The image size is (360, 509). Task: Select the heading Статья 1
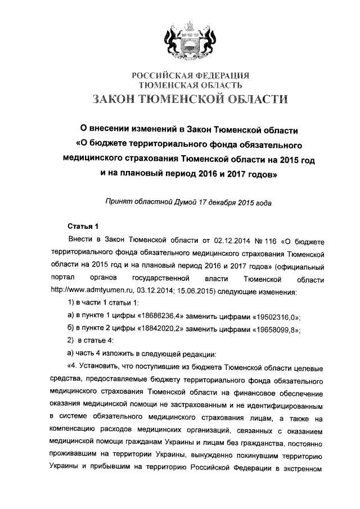(x=83, y=227)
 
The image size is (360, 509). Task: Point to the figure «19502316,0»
(x=269, y=317)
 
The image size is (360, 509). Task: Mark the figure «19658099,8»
(x=269, y=330)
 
